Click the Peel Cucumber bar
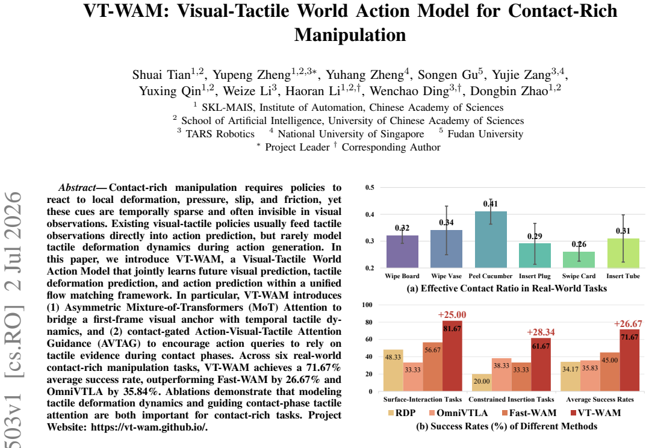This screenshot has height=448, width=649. click(x=491, y=240)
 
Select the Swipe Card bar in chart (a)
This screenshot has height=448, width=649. click(x=579, y=260)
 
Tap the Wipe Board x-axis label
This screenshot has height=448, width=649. click(x=402, y=276)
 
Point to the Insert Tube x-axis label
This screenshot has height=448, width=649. click(x=623, y=276)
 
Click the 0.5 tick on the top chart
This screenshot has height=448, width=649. click(x=370, y=187)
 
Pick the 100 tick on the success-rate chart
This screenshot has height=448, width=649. click(x=367, y=305)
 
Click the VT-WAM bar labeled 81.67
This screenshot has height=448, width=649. click(x=452, y=356)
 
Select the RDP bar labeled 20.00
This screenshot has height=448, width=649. click(x=482, y=382)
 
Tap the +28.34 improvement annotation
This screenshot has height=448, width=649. click(x=541, y=332)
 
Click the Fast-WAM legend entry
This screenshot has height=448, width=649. click(x=529, y=413)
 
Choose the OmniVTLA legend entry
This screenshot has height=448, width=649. click(x=458, y=413)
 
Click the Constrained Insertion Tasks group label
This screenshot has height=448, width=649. click(x=511, y=400)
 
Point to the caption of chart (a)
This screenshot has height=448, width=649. click(x=507, y=288)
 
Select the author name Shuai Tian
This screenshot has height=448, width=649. click(x=161, y=75)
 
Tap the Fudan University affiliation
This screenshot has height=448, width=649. click(x=485, y=134)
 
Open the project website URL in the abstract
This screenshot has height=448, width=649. click(x=149, y=428)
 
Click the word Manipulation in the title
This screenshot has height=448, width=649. click(x=350, y=35)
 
